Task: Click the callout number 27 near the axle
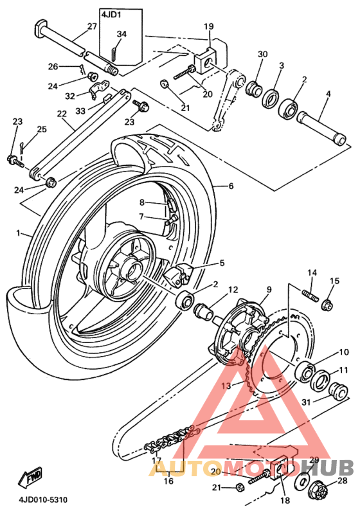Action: tap(92, 26)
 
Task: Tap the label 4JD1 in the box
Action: tap(111, 15)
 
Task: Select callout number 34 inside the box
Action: tap(122, 34)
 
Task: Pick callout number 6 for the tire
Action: tap(231, 186)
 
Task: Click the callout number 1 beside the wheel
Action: tap(18, 233)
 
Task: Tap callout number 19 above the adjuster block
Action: tap(209, 26)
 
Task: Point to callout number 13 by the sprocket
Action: tap(226, 386)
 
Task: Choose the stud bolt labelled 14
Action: tap(310, 296)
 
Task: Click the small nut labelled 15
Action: tap(327, 305)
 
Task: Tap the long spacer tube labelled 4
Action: tap(321, 127)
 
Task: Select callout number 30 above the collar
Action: tap(262, 54)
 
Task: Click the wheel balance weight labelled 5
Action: tap(178, 275)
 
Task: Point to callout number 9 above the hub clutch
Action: tap(269, 289)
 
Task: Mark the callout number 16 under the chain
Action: tap(168, 481)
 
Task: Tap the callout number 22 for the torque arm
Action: tap(62, 114)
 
